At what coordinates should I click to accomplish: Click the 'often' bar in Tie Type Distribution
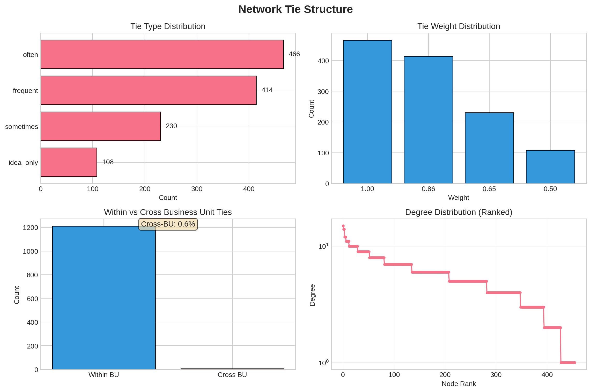click(x=162, y=54)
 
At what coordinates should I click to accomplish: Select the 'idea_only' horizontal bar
click(x=69, y=162)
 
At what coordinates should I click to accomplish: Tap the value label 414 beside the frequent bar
click(x=267, y=90)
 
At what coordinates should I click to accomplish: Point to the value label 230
click(x=171, y=126)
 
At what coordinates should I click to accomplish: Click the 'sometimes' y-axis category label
click(x=21, y=127)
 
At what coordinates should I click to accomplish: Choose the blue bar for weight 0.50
click(x=550, y=167)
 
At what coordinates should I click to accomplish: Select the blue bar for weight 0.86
click(x=428, y=120)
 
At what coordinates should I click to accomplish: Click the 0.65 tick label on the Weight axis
click(x=489, y=189)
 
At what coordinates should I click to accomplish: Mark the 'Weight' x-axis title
click(x=459, y=198)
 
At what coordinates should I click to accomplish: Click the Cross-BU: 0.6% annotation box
click(x=168, y=224)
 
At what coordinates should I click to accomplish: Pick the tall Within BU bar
click(x=104, y=298)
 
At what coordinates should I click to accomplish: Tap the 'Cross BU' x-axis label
click(x=232, y=375)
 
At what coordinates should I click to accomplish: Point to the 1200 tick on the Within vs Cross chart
click(x=30, y=228)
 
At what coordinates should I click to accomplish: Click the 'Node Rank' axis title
click(x=459, y=384)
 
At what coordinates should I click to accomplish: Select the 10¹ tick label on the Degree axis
click(x=323, y=246)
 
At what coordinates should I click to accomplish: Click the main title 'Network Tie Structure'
click(x=295, y=10)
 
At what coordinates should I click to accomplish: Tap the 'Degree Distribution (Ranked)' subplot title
click(x=459, y=212)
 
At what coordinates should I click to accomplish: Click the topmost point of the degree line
click(x=343, y=226)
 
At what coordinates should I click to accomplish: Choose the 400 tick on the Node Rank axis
click(x=547, y=375)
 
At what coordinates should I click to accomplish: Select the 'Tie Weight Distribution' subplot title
click(x=459, y=26)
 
